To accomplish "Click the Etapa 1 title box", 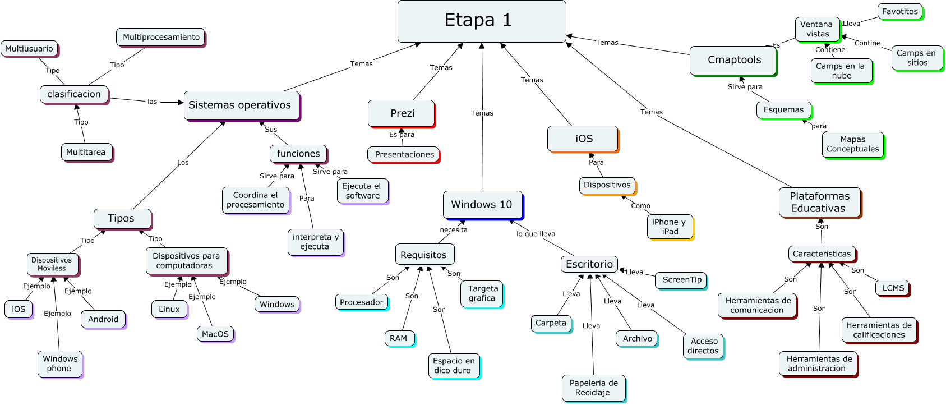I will (481, 21).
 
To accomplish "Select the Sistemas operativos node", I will (242, 105).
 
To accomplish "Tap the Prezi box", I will (402, 113).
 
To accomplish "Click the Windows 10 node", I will (482, 205).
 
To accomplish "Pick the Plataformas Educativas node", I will (819, 202).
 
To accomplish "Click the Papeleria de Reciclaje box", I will (593, 388).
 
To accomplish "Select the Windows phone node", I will (60, 363).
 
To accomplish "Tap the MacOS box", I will (215, 334).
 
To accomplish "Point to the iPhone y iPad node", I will (670, 227).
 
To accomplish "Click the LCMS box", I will (893, 288).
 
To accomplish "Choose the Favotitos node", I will (899, 11).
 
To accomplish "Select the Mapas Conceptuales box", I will (852, 144).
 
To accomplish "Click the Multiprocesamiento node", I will (161, 37).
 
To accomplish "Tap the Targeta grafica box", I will (482, 293).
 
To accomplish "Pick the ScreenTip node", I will (681, 279).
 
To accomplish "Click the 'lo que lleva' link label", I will (536, 234).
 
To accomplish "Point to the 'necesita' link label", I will (453, 230).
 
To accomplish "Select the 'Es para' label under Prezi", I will (402, 135).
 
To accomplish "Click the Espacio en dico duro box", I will (454, 366).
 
